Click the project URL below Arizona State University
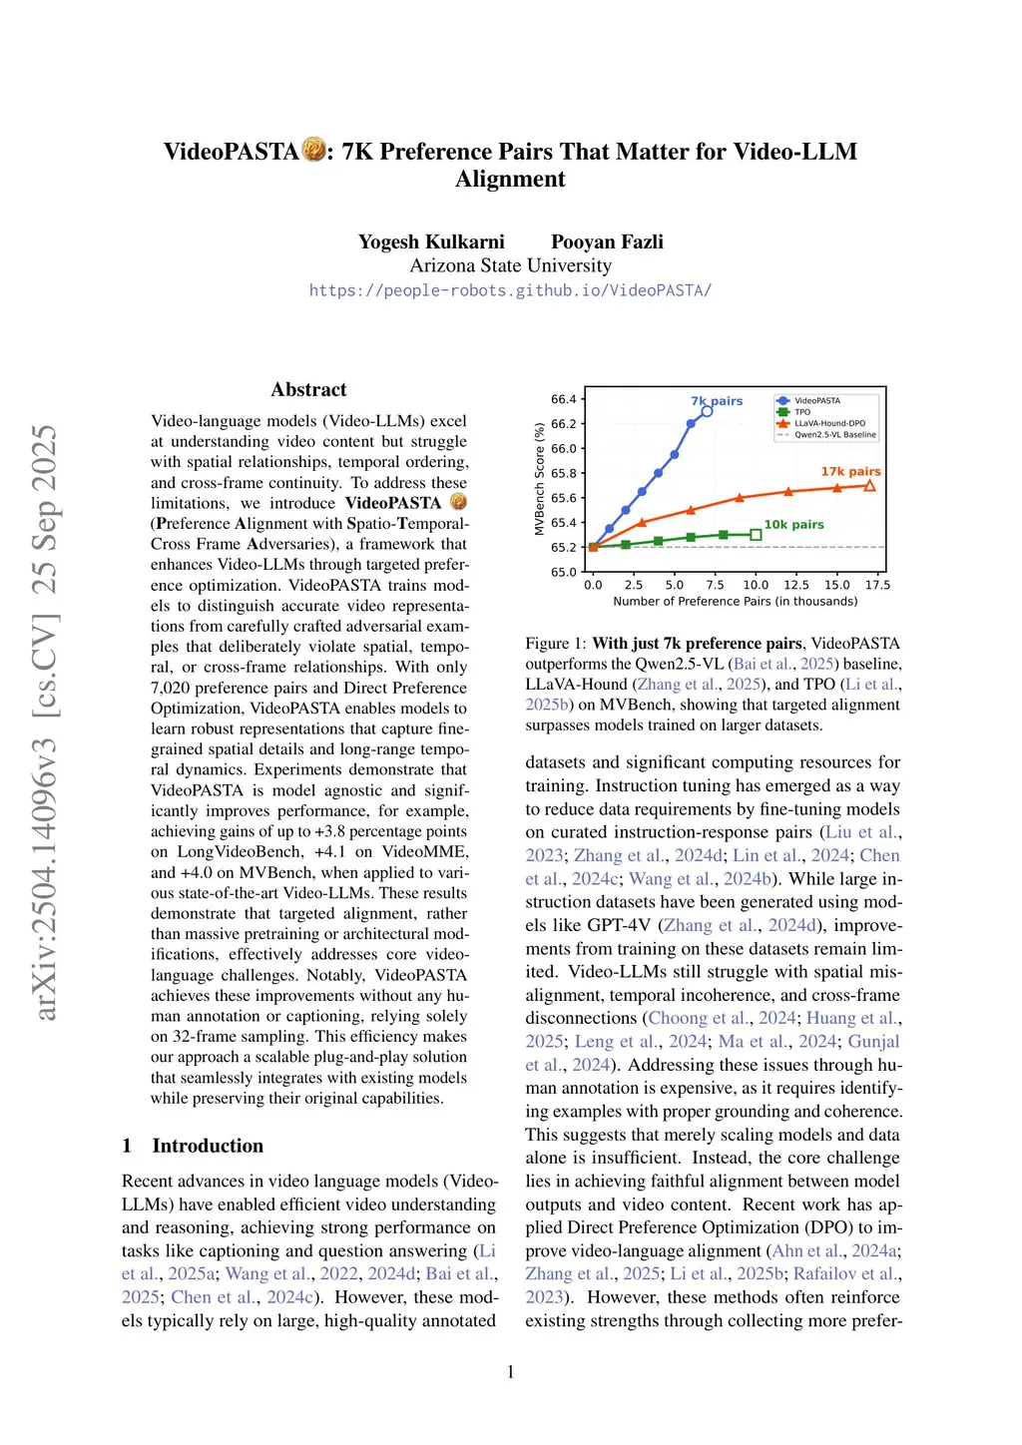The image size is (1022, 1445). click(x=510, y=290)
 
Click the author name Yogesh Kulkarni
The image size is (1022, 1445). click(x=431, y=241)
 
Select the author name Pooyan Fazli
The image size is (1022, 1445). click(x=607, y=241)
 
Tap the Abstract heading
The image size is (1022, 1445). click(x=308, y=389)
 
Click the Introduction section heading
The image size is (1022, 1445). click(x=208, y=1146)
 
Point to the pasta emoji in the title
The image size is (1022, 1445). click(x=314, y=150)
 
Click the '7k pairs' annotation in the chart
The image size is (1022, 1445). click(x=717, y=401)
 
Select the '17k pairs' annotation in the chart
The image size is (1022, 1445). click(x=850, y=471)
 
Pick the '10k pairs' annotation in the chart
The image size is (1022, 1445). click(x=793, y=524)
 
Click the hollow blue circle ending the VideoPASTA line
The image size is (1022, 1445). click(x=707, y=411)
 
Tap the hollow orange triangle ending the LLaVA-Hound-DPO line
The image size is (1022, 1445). click(x=869, y=486)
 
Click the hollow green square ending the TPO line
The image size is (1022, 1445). click(x=756, y=535)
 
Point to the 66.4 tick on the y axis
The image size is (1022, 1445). click(x=564, y=399)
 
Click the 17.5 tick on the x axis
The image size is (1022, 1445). click(x=877, y=585)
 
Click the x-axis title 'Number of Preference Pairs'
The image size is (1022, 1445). click(x=735, y=601)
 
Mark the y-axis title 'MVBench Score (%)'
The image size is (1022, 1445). click(x=540, y=479)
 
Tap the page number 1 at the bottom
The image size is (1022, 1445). click(x=511, y=1372)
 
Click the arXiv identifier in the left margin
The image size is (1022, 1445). click(x=46, y=722)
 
